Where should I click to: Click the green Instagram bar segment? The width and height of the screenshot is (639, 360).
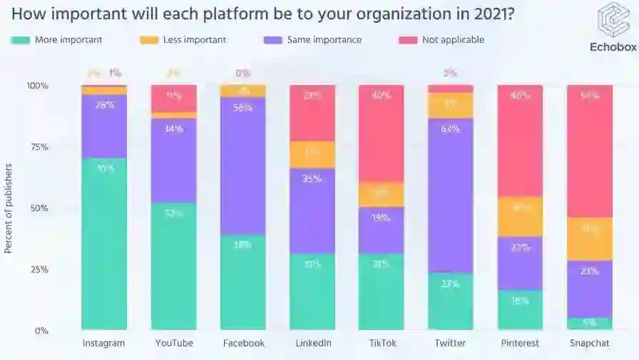[x=104, y=243]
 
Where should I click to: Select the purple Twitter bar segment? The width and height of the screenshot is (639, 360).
[x=450, y=195]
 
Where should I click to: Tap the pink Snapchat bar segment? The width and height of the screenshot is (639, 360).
[x=589, y=151]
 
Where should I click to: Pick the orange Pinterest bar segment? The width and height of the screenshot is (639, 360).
[x=520, y=217]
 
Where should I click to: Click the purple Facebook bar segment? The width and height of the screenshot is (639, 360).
[x=242, y=165]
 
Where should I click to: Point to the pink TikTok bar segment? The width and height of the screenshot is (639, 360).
[x=382, y=133]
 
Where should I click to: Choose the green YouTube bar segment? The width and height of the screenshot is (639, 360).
[x=173, y=266]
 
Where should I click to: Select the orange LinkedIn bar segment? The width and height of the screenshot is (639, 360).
[x=312, y=155]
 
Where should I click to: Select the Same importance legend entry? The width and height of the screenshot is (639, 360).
[x=323, y=40]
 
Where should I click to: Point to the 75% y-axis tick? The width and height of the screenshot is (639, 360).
[x=37, y=147]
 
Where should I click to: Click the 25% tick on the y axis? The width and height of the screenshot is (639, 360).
[x=37, y=269]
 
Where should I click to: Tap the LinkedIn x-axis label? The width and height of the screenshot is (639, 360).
[x=313, y=343]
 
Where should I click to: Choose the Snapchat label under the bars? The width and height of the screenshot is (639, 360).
[x=589, y=343]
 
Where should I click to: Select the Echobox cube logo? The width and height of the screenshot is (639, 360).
[x=613, y=19]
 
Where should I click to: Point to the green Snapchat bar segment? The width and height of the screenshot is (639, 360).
[x=589, y=323]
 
